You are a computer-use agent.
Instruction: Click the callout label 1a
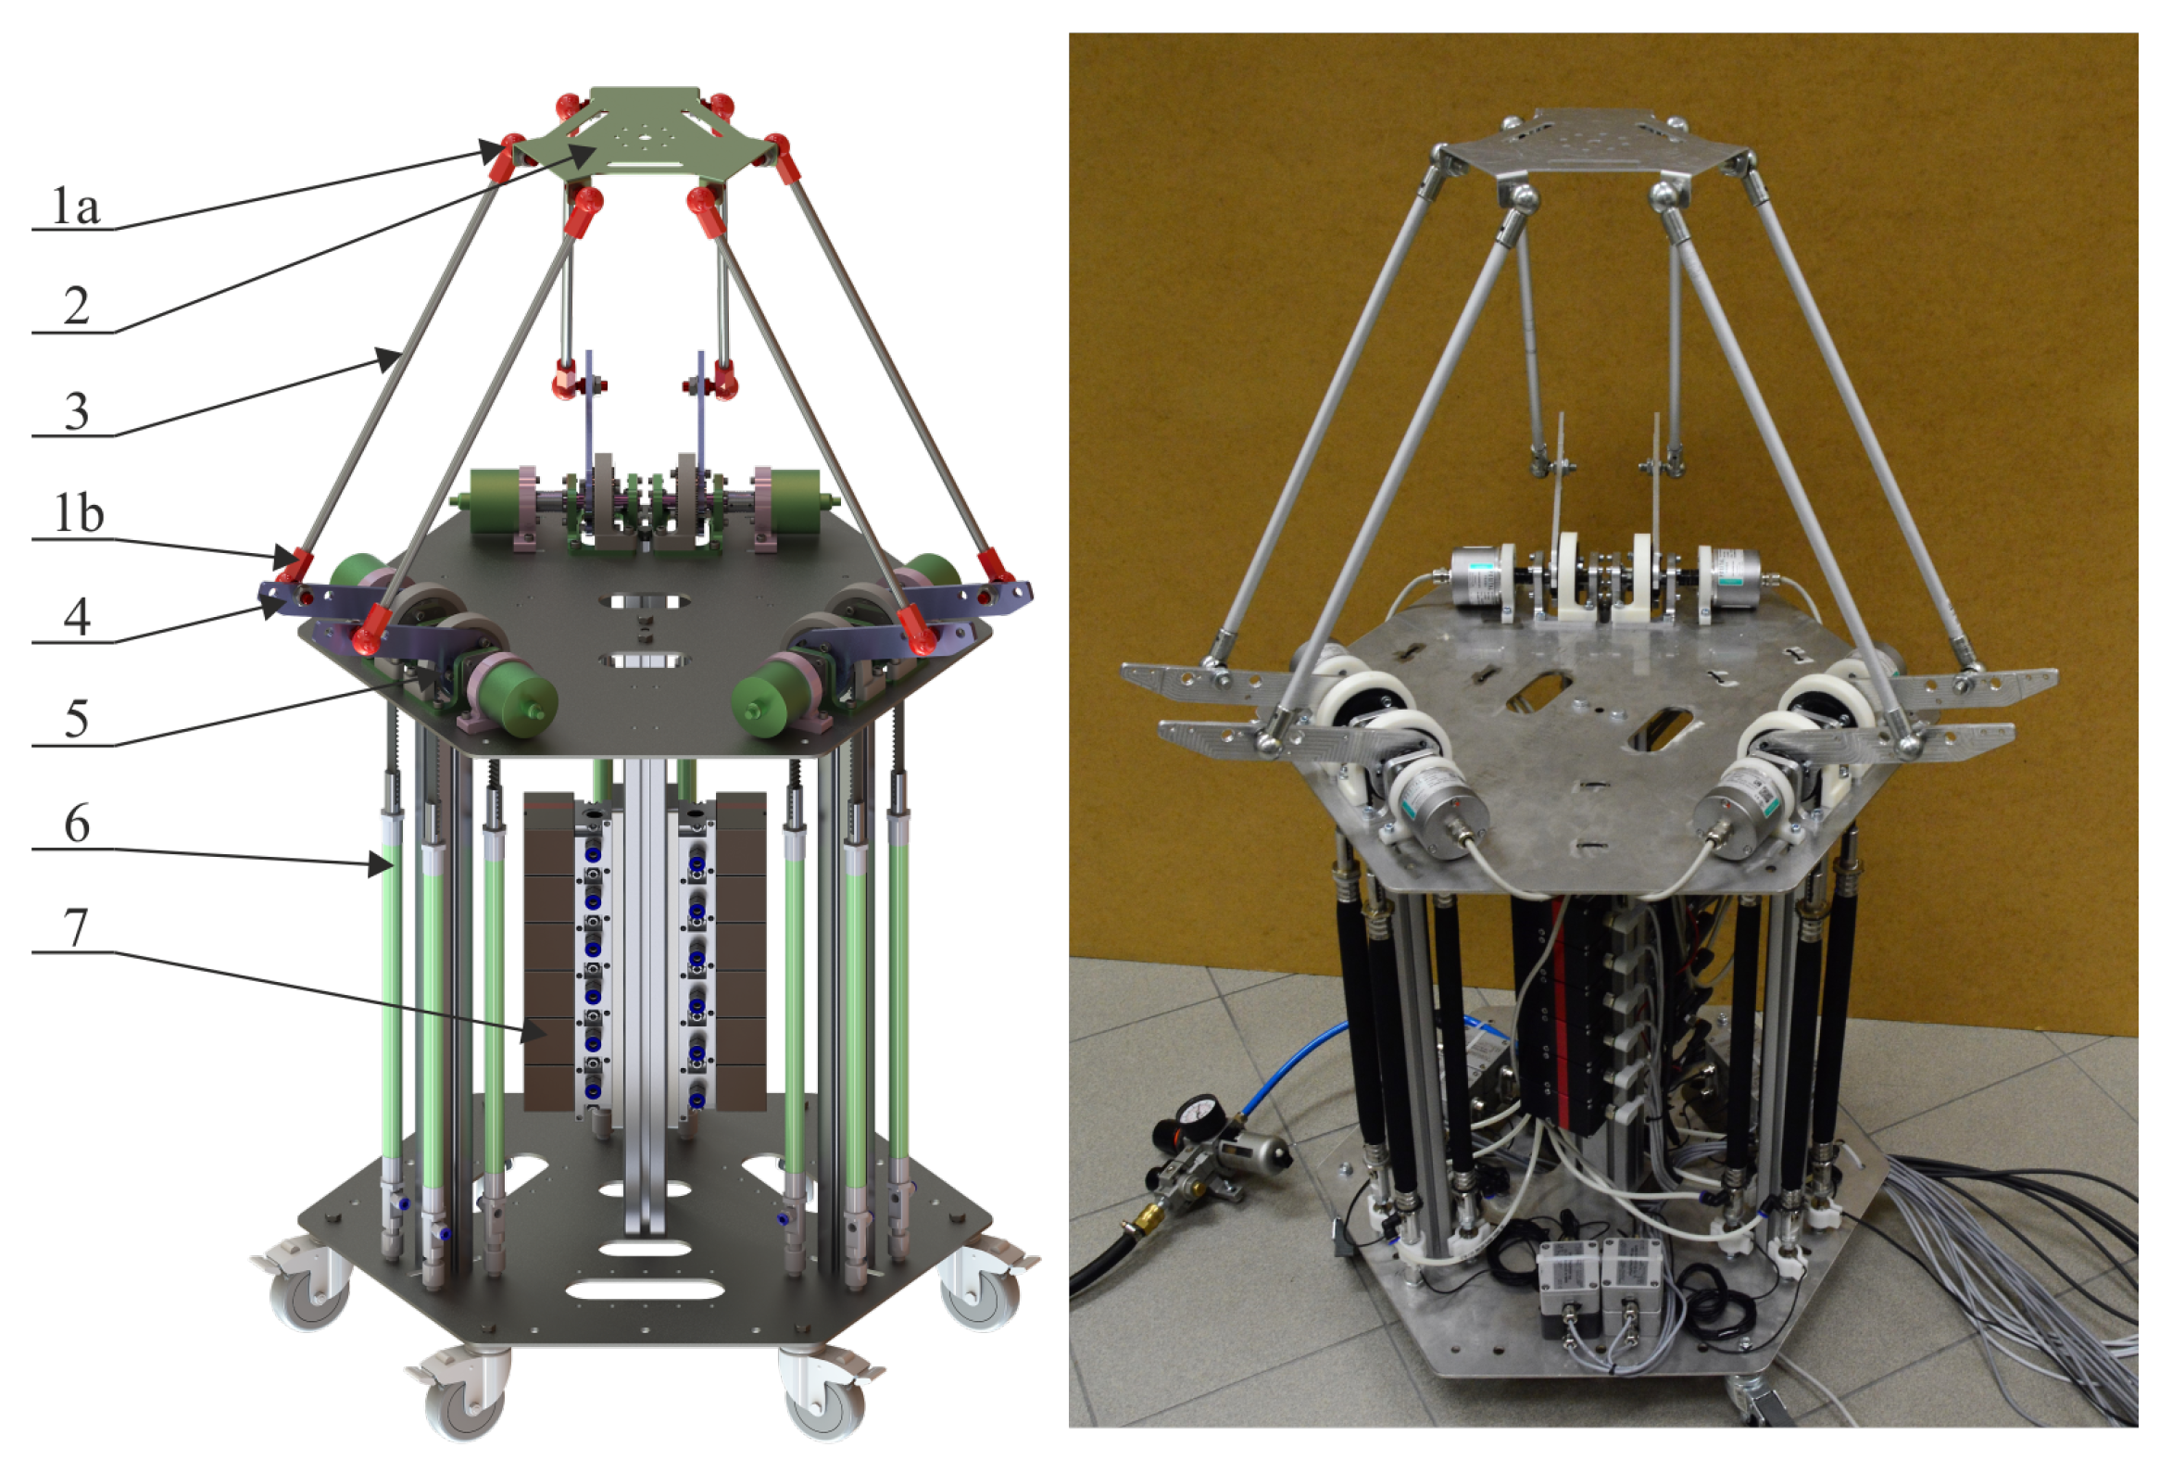pos(75,206)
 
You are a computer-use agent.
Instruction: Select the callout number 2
pos(76,306)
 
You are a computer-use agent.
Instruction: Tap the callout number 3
pos(76,410)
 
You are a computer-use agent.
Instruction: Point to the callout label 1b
pos(78,513)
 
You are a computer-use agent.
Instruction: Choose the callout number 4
pos(76,616)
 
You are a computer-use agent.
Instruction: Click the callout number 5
pos(76,720)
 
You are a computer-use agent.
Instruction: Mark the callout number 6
pos(76,824)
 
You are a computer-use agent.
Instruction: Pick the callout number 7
pos(76,927)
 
